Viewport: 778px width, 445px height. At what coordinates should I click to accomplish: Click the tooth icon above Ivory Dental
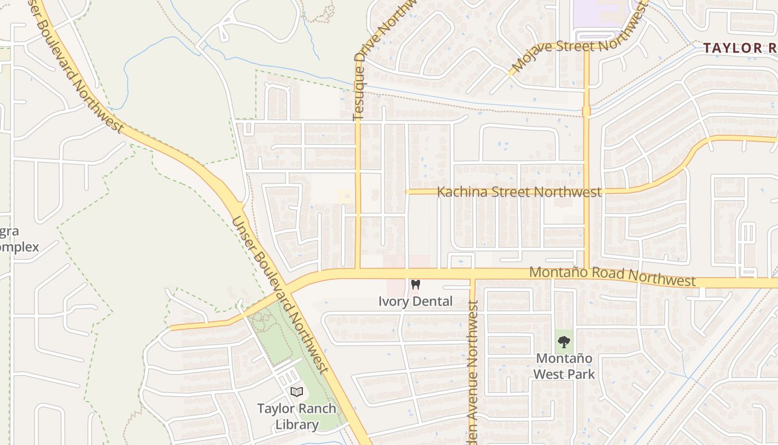415,285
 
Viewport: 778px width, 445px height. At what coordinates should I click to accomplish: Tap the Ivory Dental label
415,301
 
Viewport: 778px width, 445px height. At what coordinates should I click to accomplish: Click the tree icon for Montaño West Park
564,342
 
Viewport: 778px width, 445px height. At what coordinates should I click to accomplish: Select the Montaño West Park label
564,366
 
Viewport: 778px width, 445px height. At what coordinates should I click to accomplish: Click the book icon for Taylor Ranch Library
297,392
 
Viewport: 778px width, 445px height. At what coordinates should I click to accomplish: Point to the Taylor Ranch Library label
297,416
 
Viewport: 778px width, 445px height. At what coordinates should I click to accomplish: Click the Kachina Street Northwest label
519,192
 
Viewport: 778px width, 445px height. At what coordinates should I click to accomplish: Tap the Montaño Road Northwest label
612,276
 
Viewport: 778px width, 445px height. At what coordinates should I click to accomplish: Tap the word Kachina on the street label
460,192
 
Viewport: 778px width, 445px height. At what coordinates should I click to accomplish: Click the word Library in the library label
297,425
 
